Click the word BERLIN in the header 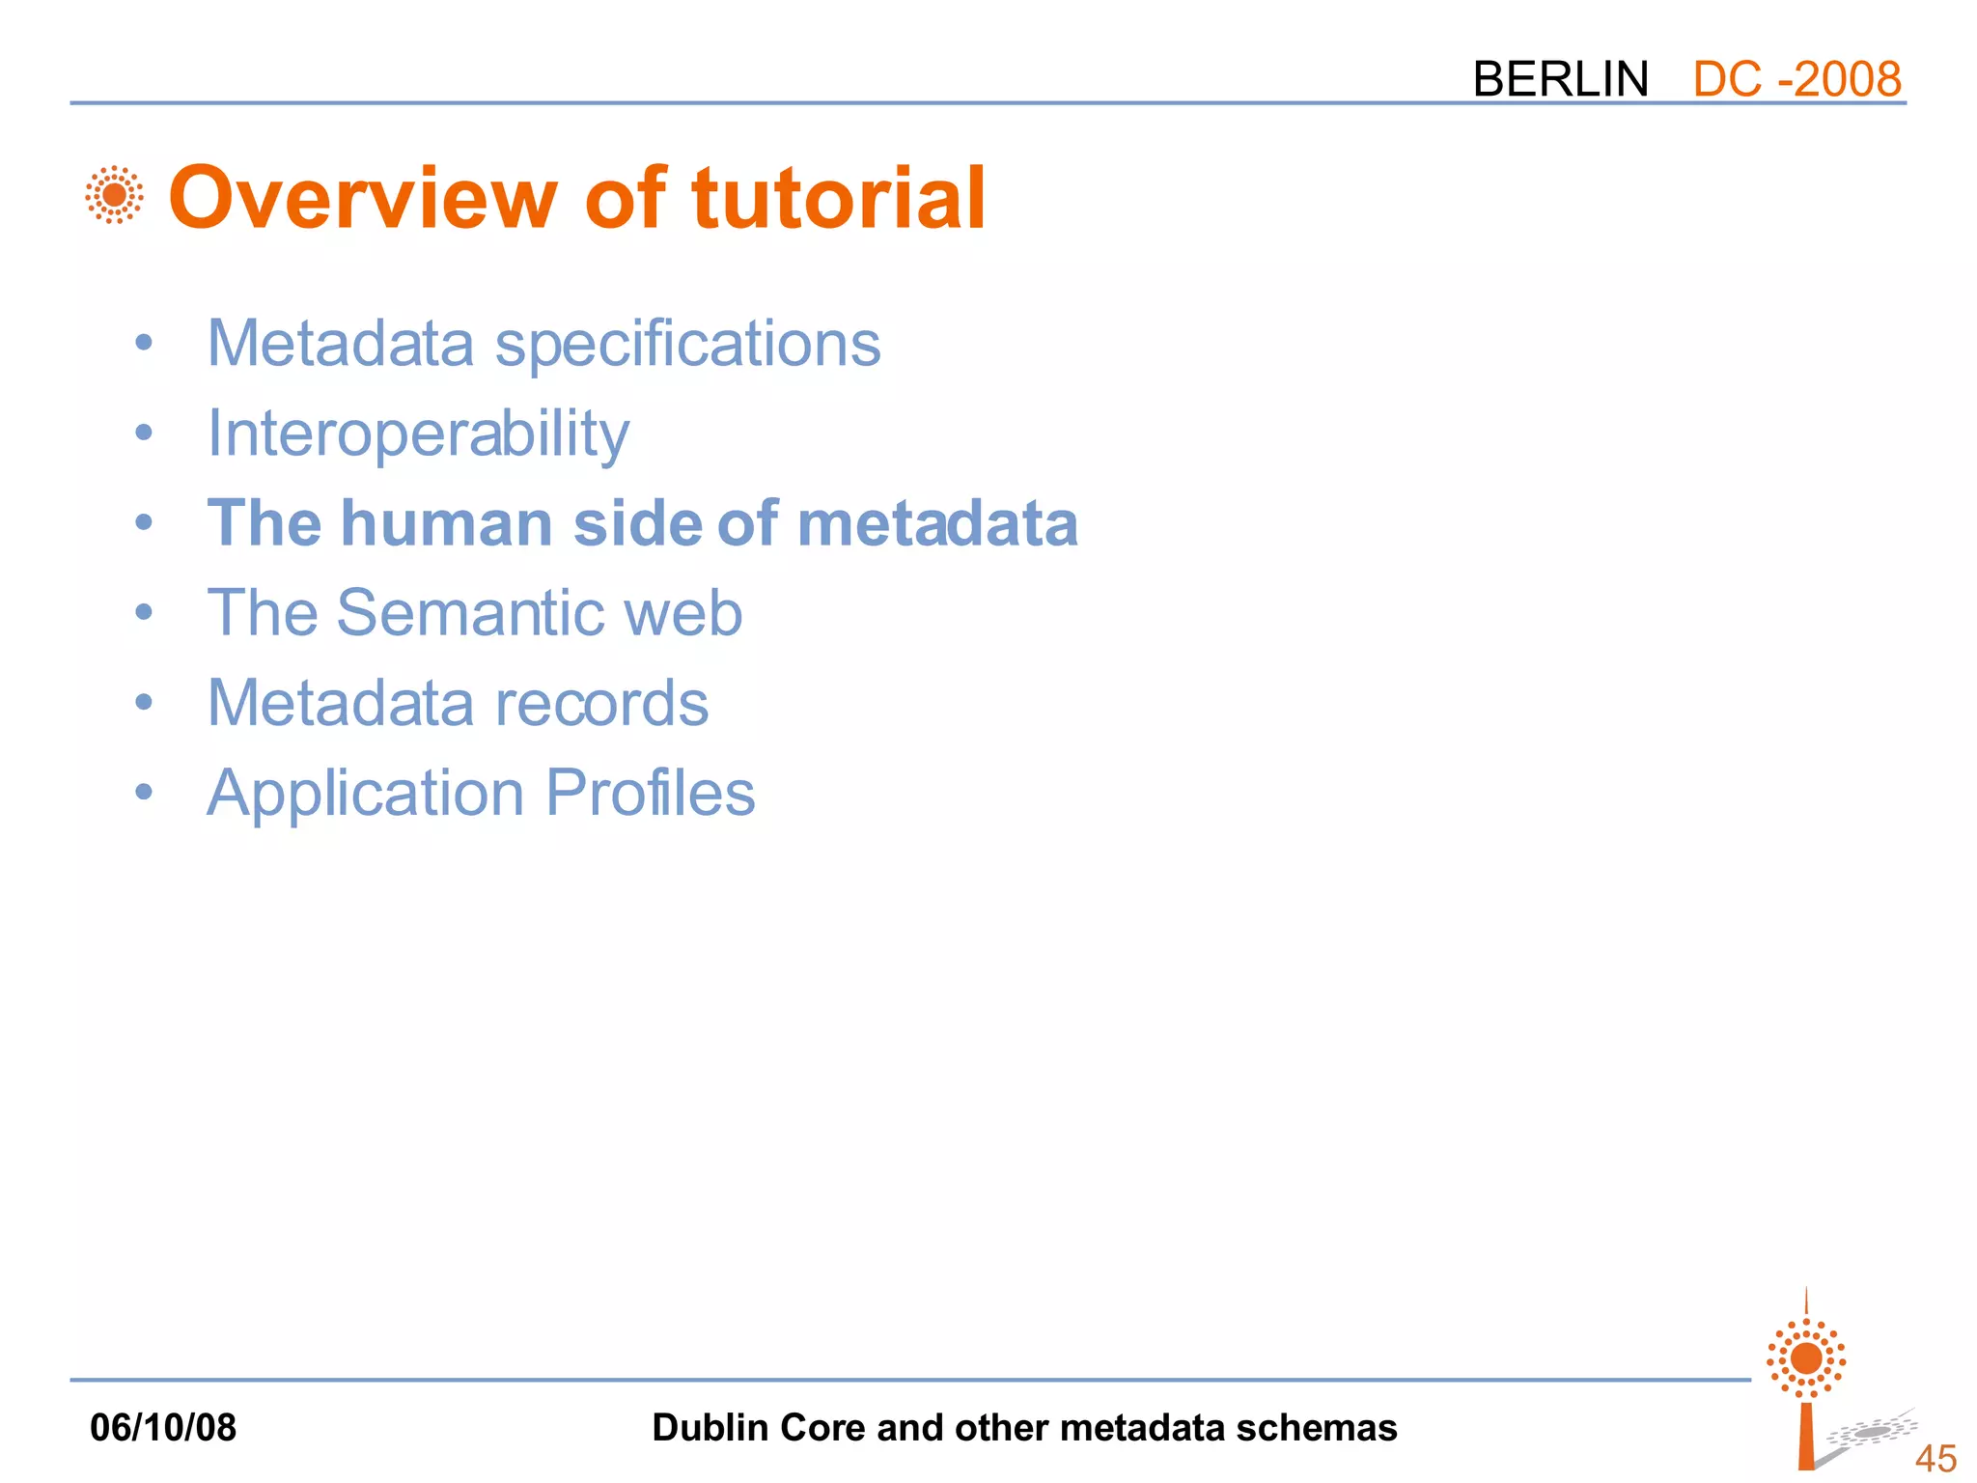tap(1560, 78)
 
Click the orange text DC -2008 tap(1796, 78)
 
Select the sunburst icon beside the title tap(114, 195)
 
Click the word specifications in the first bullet tap(687, 345)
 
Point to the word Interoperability tap(418, 434)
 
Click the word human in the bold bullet tap(447, 523)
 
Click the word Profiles tap(650, 793)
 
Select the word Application tap(366, 795)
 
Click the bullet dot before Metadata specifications tap(144, 343)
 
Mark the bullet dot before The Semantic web tap(144, 611)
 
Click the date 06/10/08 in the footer tap(162, 1427)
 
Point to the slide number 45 tap(1935, 1458)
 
